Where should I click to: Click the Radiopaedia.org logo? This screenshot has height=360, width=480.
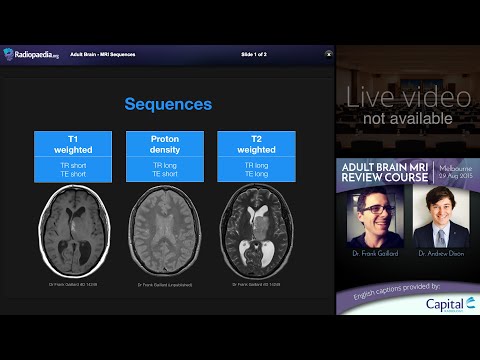[x=31, y=54]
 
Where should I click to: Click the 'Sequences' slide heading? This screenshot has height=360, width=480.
[x=167, y=104]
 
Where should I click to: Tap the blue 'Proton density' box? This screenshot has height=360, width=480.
[x=164, y=157]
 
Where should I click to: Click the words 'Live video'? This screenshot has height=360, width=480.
[x=408, y=97]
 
